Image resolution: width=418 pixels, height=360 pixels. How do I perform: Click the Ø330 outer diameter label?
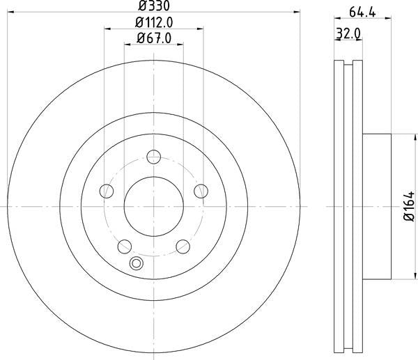[x=154, y=6]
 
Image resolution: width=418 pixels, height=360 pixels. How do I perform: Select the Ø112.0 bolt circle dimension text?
[x=154, y=22]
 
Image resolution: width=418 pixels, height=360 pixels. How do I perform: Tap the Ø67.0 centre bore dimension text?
[x=154, y=38]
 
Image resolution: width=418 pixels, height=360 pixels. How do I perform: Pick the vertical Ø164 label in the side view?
[x=410, y=207]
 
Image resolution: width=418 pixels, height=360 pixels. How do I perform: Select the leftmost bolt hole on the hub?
[x=107, y=191]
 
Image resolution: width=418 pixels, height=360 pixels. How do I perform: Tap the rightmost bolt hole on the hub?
[x=201, y=191]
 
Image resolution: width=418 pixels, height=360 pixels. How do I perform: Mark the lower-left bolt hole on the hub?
[x=125, y=246]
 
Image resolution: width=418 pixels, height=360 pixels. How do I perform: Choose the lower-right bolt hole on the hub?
[x=183, y=246]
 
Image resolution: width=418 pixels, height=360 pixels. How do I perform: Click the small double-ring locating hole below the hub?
[x=137, y=263]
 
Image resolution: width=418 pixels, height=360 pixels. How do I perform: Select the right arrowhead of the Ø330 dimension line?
[x=297, y=13]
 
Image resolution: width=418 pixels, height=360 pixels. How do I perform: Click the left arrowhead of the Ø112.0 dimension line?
[x=107, y=29]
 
